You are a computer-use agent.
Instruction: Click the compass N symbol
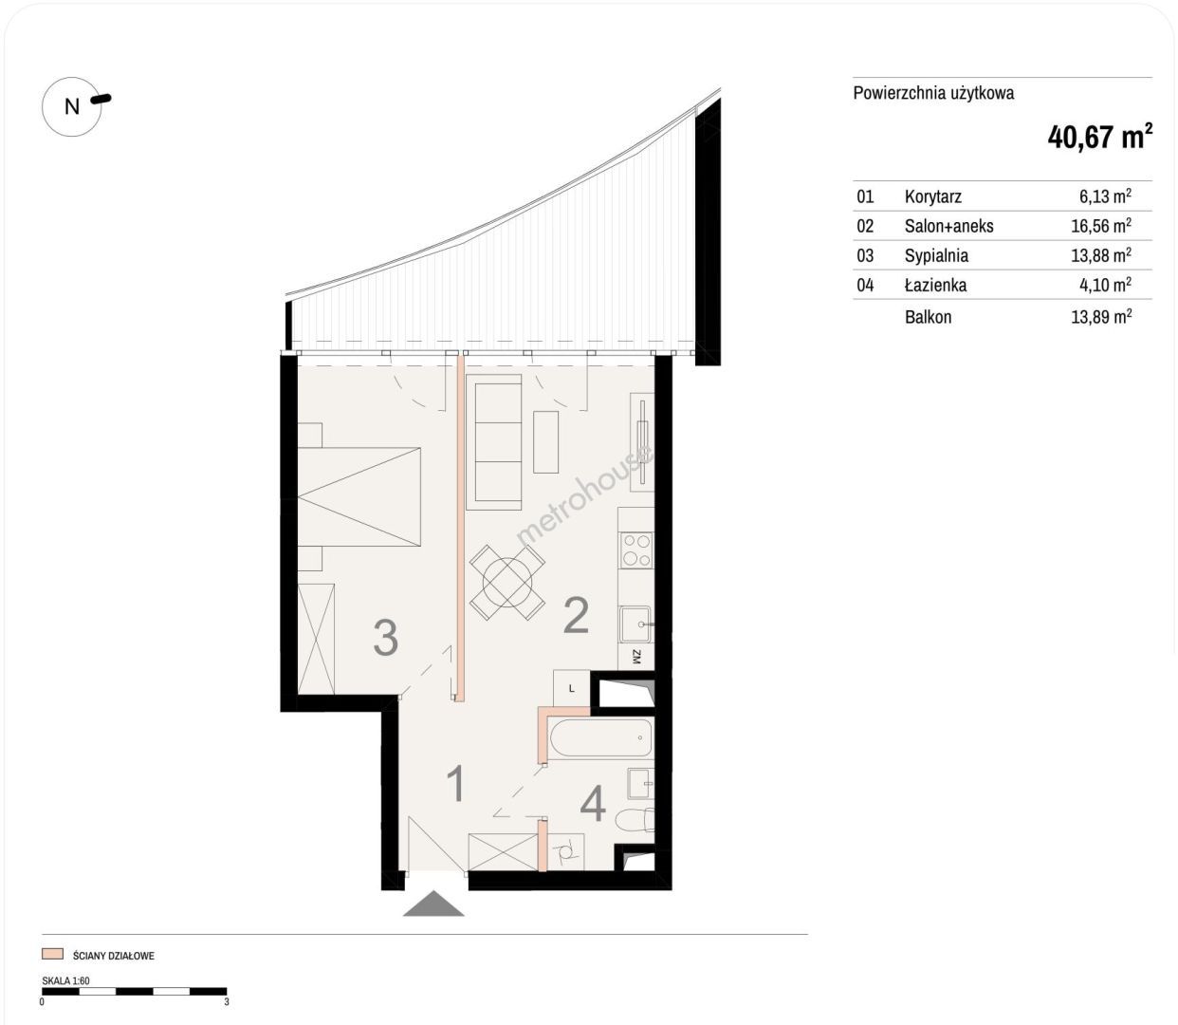pos(72,106)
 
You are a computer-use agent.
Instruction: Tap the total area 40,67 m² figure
pos(1099,138)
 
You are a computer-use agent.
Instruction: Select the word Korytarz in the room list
pos(932,196)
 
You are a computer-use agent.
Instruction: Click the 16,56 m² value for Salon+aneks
pos(1101,225)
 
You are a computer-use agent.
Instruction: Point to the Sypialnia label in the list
pos(936,255)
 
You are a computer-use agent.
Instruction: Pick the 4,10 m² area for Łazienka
pos(1106,284)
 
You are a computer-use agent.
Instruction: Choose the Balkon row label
pos(928,316)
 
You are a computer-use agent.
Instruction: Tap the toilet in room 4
pos(635,820)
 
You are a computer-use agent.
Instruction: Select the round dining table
pos(507,582)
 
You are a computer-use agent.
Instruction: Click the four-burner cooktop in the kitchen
pos(635,550)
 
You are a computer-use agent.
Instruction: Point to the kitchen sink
pos(635,624)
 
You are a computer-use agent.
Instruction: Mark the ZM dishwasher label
pos(636,657)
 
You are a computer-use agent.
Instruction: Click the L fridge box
pos(572,688)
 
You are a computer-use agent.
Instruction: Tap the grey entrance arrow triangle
pos(433,904)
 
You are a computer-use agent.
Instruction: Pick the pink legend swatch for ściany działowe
pos(52,954)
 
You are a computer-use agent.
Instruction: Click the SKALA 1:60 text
pos(65,980)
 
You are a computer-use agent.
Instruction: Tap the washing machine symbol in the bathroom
pos(565,852)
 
